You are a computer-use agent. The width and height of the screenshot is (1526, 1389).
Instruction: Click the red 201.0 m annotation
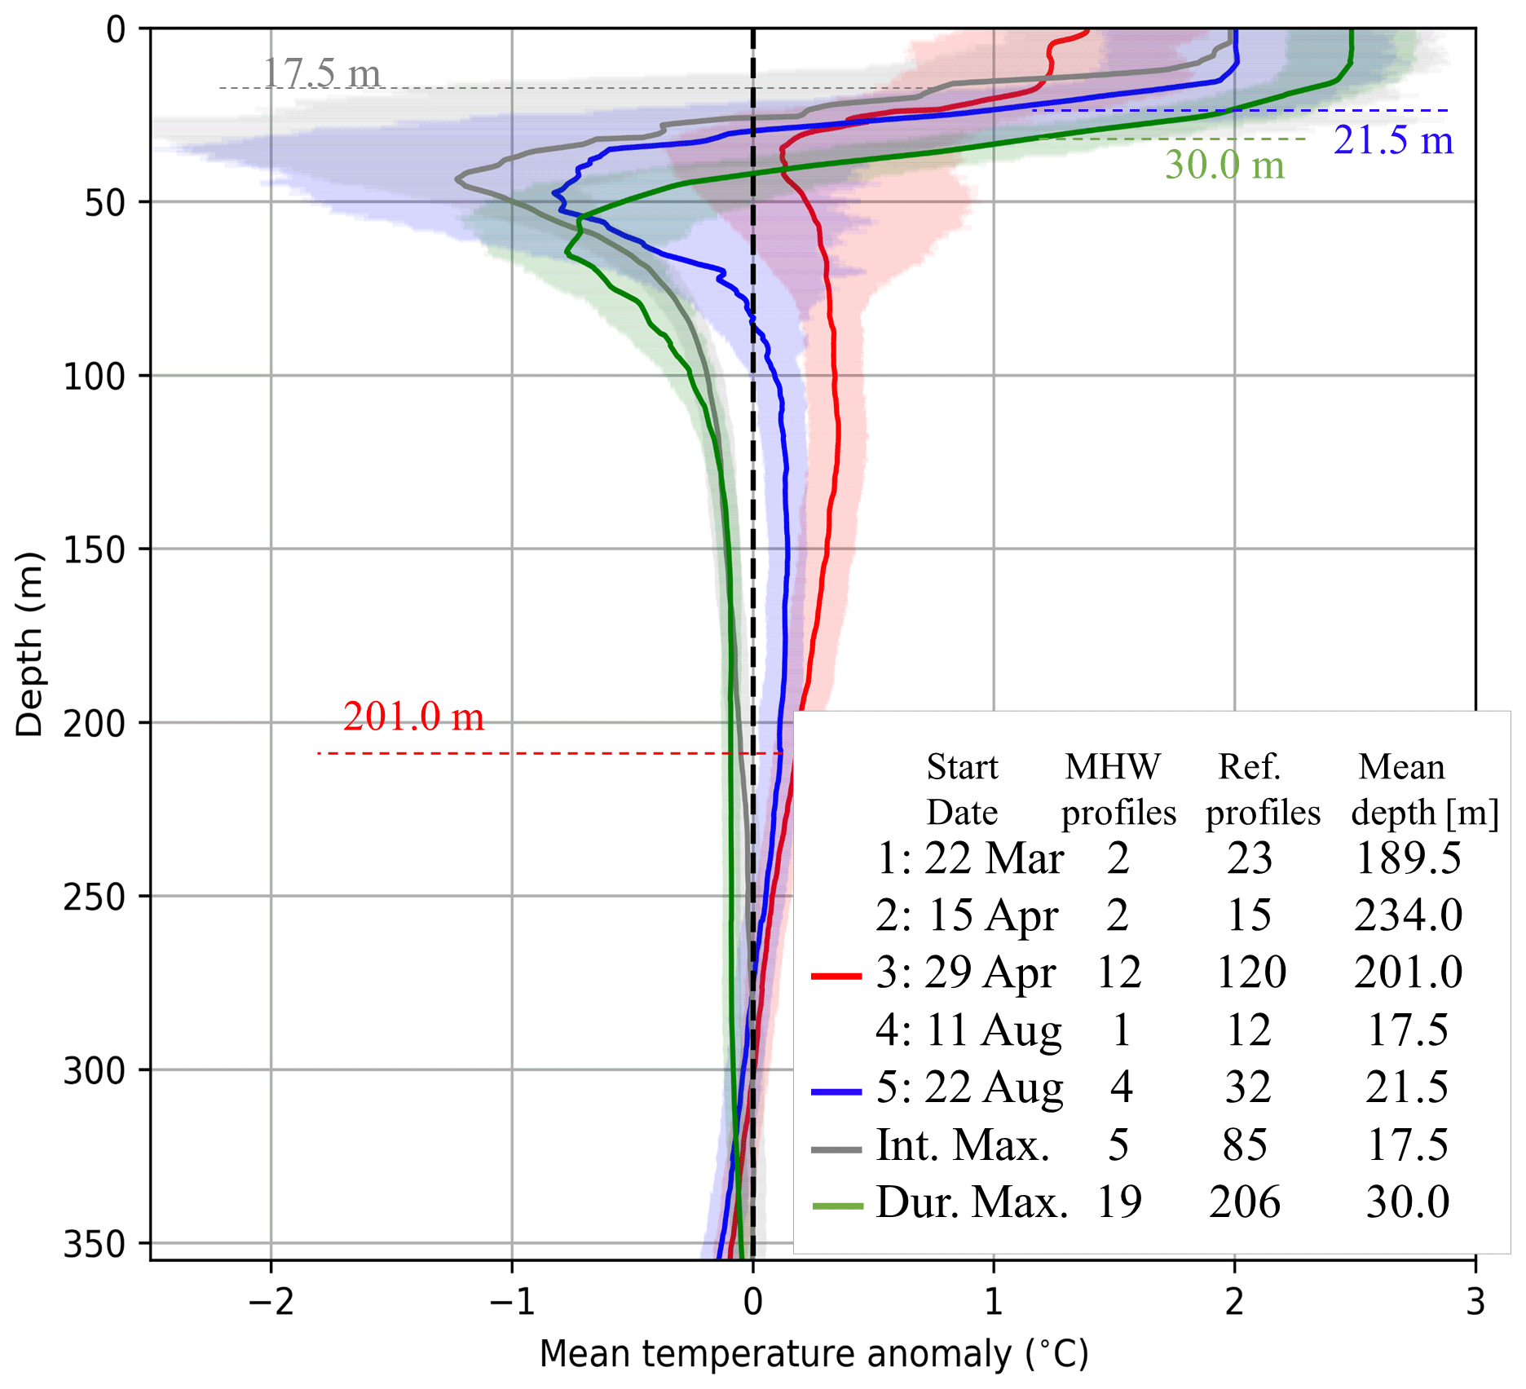click(413, 717)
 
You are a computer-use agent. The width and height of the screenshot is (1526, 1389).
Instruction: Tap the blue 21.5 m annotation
click(1393, 140)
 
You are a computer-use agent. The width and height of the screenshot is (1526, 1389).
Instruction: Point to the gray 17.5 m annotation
click(321, 73)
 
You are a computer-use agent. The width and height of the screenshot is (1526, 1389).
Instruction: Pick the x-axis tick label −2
click(271, 1303)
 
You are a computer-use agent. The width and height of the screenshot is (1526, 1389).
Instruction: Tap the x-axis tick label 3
click(1475, 1303)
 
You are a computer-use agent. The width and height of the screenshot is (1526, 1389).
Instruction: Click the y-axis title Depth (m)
click(29, 644)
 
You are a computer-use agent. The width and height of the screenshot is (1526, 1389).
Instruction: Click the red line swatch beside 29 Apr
click(836, 976)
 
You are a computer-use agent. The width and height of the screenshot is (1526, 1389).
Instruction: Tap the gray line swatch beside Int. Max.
click(836, 1149)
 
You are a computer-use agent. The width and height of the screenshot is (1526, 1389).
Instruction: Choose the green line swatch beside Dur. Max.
click(837, 1206)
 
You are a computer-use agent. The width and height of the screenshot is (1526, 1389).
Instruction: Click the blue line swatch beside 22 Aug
click(836, 1091)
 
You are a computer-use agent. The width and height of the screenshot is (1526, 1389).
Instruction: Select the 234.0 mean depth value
click(1408, 915)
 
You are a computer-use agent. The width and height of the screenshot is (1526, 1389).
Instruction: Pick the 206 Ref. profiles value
click(1245, 1202)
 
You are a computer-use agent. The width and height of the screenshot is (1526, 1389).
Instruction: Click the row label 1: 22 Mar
click(969, 858)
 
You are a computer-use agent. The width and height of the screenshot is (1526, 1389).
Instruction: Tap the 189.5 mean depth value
click(1408, 858)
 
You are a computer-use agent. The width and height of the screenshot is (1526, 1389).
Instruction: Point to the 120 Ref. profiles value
click(1250, 972)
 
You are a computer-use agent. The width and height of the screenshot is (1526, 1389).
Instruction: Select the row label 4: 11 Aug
click(968, 1030)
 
